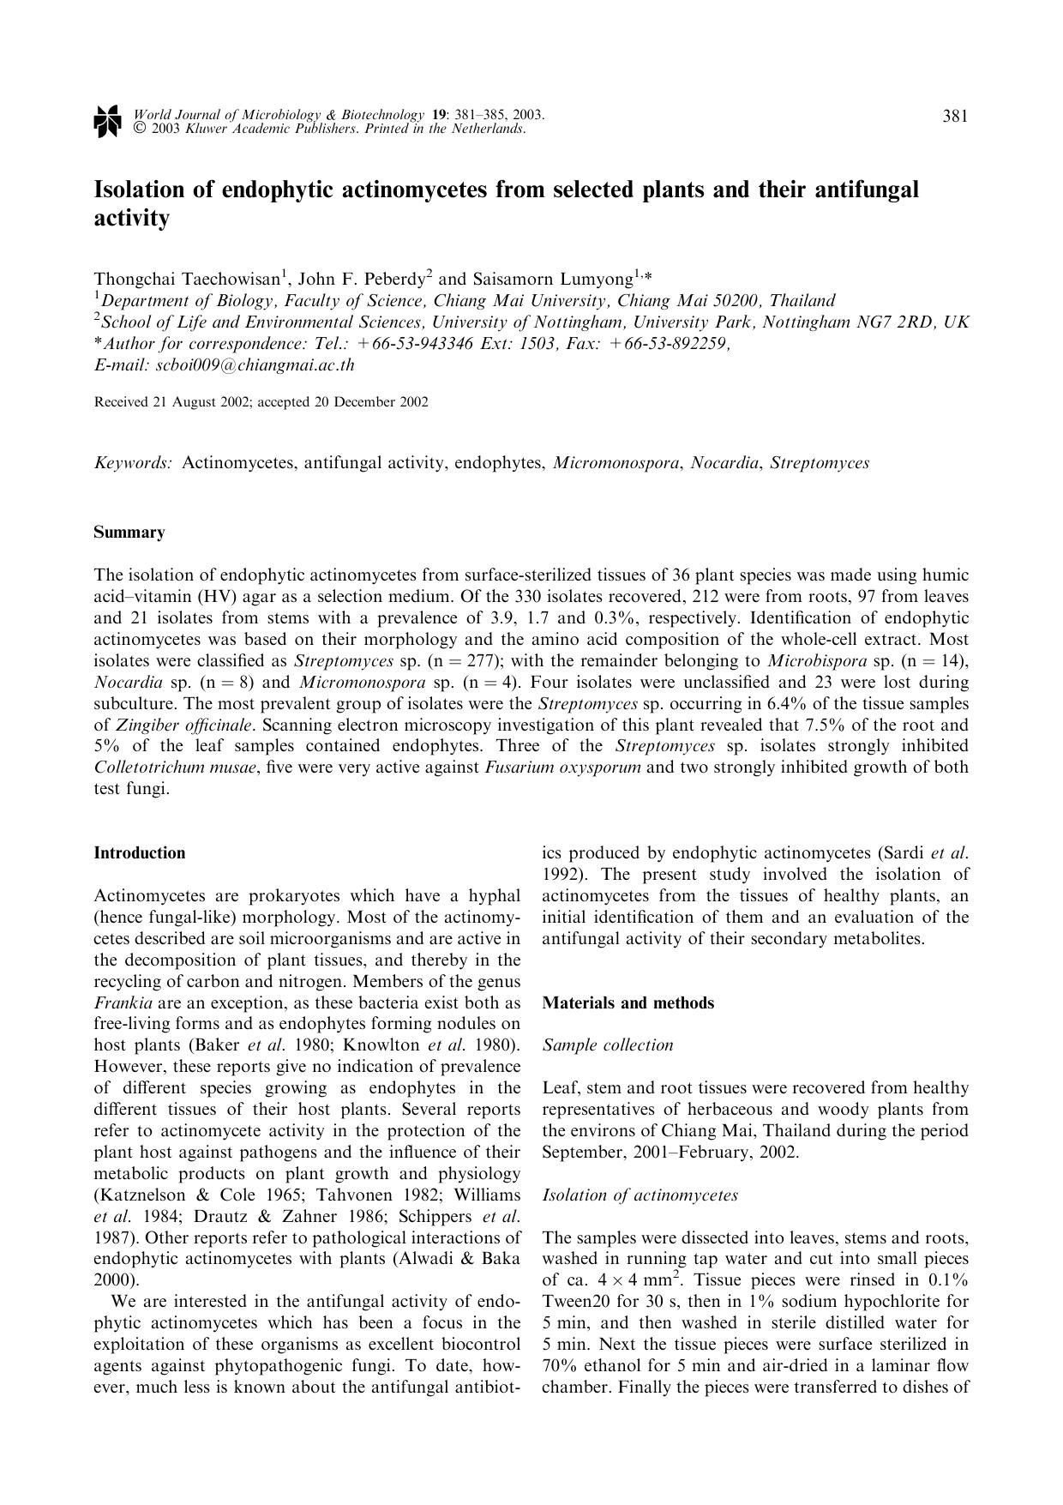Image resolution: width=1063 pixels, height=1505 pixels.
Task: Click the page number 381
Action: (955, 117)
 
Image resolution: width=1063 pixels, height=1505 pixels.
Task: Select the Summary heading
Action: (129, 533)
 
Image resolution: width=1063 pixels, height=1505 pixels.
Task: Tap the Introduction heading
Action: (139, 853)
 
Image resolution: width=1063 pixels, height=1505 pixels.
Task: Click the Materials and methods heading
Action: (628, 1003)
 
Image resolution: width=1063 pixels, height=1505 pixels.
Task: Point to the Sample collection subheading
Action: (608, 1045)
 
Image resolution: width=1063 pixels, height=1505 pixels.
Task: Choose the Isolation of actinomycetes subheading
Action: (640, 1195)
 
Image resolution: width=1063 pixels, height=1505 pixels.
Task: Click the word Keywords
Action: (133, 463)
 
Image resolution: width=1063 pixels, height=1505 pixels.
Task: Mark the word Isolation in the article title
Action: (142, 189)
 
